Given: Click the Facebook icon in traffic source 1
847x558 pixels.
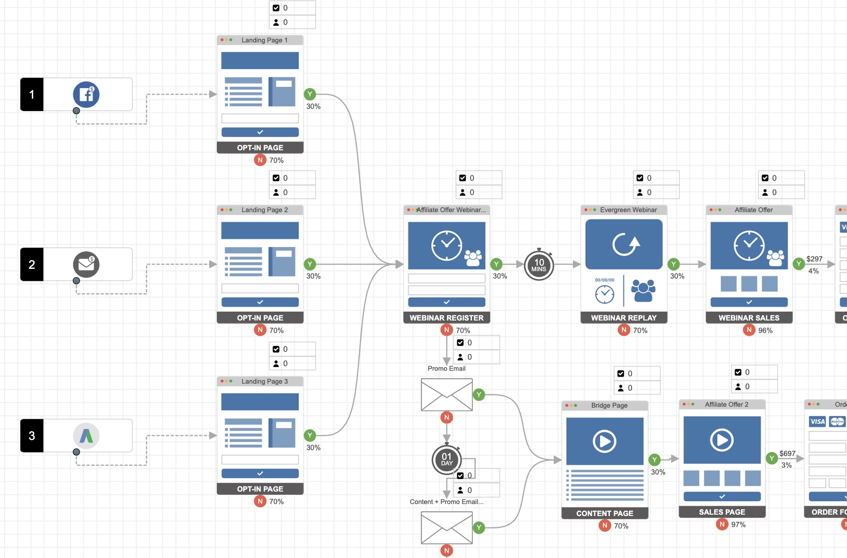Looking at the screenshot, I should pyautogui.click(x=86, y=95).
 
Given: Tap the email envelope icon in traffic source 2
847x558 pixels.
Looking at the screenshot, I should pyautogui.click(x=86, y=264).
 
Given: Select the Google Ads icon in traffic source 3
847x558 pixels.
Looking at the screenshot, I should pyautogui.click(x=86, y=436).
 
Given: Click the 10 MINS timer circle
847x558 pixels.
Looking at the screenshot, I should pyautogui.click(x=538, y=265).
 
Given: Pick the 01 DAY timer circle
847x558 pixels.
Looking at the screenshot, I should pyautogui.click(x=447, y=460).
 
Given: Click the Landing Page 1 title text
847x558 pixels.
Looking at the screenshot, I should pyautogui.click(x=264, y=40).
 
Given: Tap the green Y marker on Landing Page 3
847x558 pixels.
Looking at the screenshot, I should pyautogui.click(x=310, y=435).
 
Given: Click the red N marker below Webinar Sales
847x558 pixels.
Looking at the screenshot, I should pyautogui.click(x=749, y=330).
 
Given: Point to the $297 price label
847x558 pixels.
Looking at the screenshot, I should pyautogui.click(x=814, y=259).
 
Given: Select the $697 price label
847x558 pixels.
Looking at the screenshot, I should pyautogui.click(x=787, y=453).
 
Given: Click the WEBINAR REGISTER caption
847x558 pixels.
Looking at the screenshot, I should pyautogui.click(x=447, y=318).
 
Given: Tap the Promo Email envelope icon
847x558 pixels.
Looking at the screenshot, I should pyautogui.click(x=447, y=395).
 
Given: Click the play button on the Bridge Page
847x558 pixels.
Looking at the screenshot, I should pyautogui.click(x=604, y=441).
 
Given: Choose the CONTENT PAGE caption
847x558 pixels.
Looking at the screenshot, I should pyautogui.click(x=604, y=513).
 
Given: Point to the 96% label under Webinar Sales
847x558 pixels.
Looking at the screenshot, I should pyautogui.click(x=765, y=330).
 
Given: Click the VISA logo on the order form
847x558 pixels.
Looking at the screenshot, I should pyautogui.click(x=817, y=421).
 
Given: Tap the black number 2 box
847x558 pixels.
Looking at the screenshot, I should pyautogui.click(x=32, y=264).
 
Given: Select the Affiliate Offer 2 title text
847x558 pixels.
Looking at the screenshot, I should pyautogui.click(x=727, y=404).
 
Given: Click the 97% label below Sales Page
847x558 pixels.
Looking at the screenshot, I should pyautogui.click(x=738, y=525).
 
